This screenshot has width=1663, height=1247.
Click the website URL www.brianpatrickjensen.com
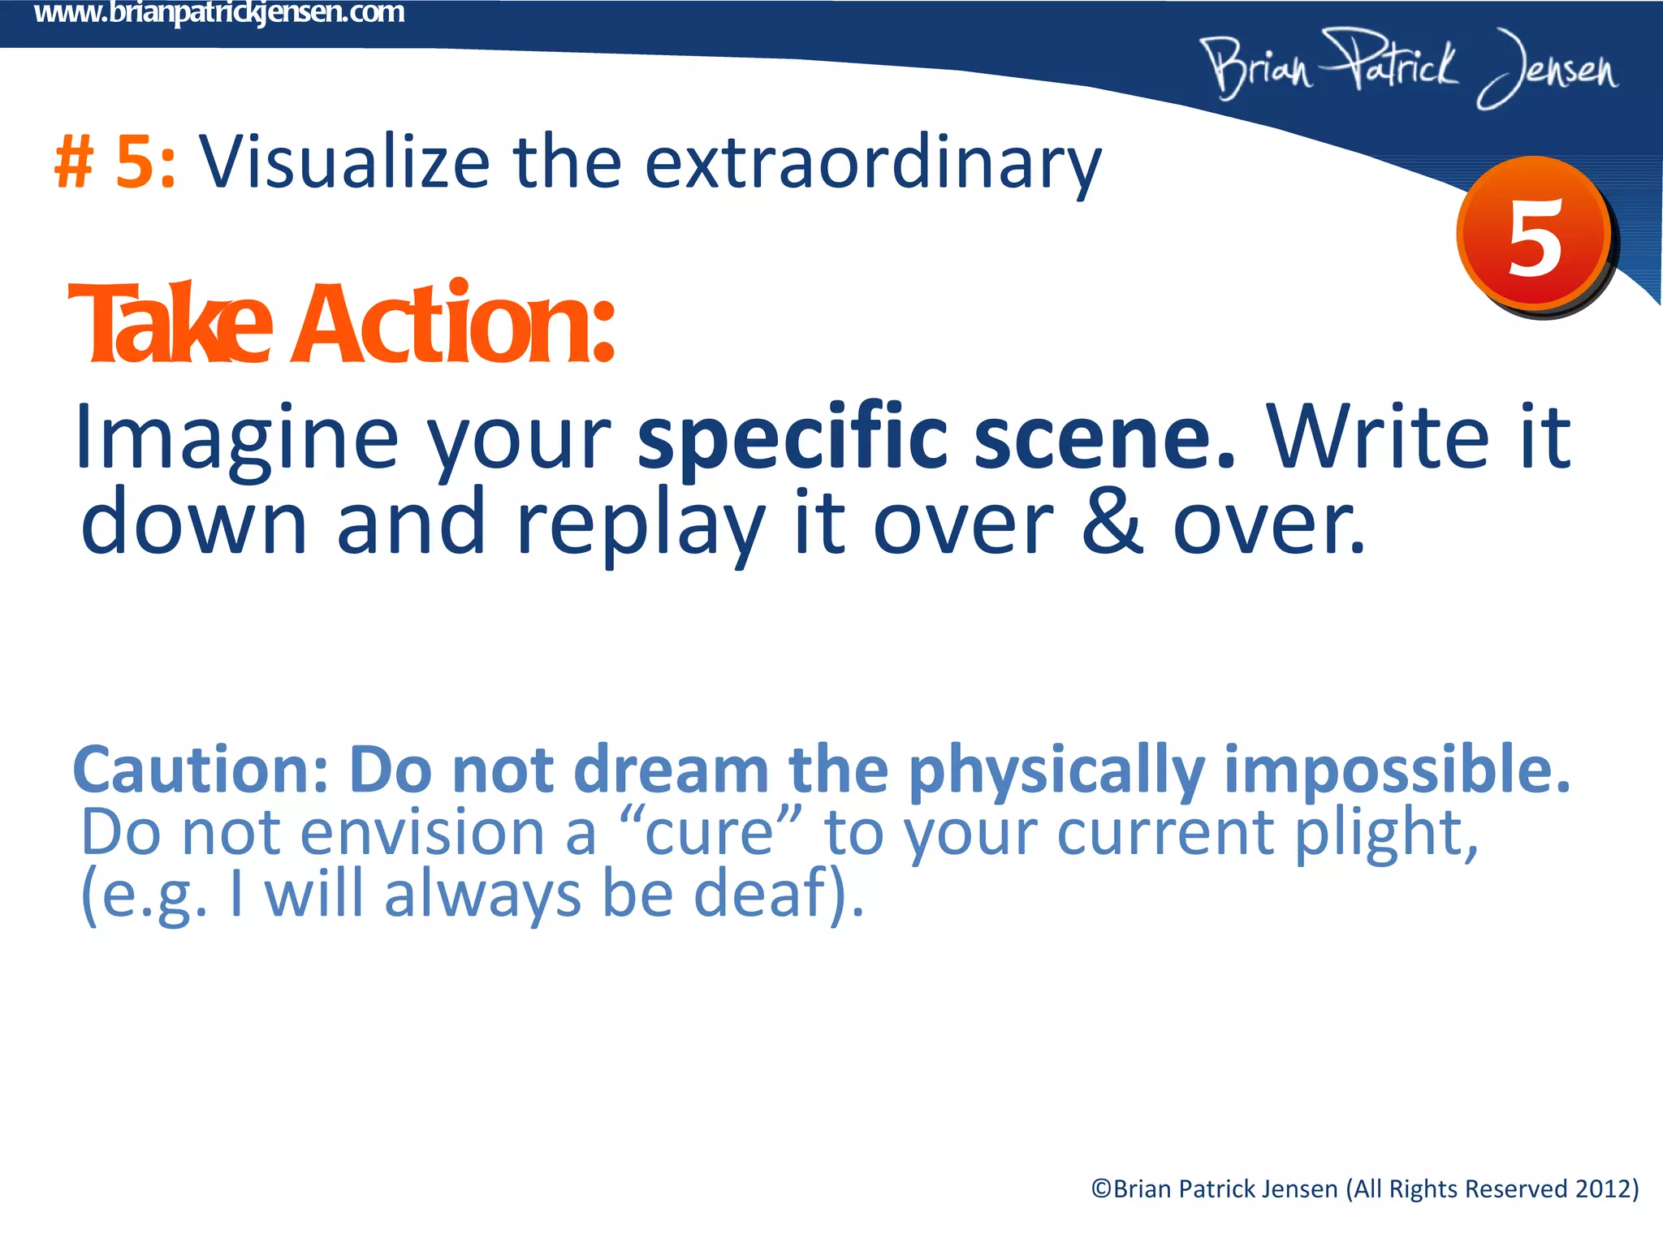point(219,13)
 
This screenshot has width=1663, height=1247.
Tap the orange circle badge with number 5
point(1534,235)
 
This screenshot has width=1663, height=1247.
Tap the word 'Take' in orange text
point(171,324)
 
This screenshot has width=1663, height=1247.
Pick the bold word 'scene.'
point(1104,438)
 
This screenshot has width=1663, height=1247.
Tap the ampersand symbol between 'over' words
point(1112,524)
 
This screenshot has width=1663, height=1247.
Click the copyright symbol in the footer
point(1101,1189)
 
